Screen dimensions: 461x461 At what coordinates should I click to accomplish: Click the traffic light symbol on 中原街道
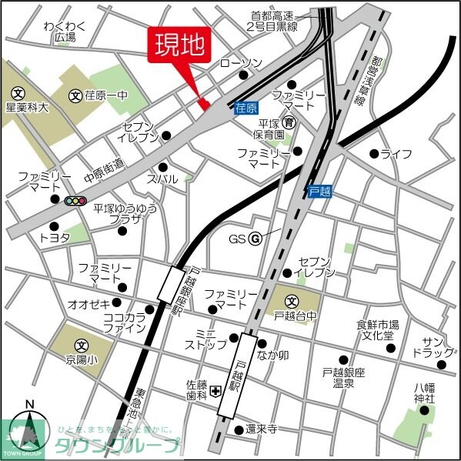point(75,201)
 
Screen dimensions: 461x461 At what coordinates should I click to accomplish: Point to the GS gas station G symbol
point(254,238)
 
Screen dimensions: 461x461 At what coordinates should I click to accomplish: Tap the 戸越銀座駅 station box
point(171,284)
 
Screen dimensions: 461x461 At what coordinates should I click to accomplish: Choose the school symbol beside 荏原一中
point(75,95)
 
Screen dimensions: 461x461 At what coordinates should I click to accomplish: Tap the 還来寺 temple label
point(262,429)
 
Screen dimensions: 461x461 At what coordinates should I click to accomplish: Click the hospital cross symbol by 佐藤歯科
point(218,391)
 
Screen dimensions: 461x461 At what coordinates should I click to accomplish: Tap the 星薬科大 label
point(27,109)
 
